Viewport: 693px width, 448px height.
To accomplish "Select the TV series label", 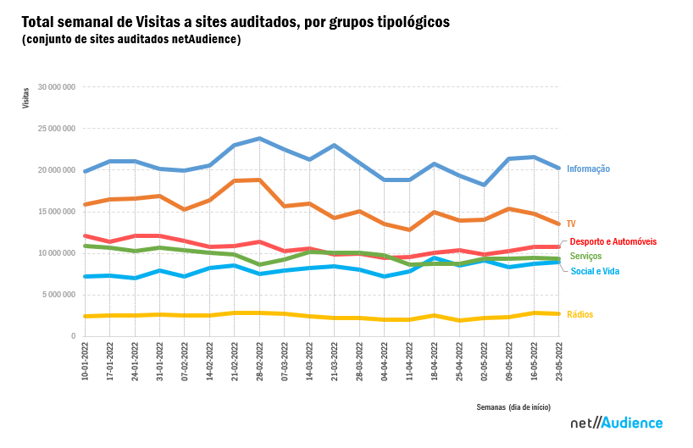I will (571, 224).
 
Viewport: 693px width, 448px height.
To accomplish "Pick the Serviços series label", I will (585, 256).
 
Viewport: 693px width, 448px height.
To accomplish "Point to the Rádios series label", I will (580, 315).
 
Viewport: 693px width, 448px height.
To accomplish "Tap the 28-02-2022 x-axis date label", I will (260, 364).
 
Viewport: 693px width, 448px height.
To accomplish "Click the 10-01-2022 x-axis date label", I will (86, 364).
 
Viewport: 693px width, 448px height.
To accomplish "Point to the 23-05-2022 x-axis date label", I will (559, 364).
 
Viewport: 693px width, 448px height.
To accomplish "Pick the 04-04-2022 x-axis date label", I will (385, 364).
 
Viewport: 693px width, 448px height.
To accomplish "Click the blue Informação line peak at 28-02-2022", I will (259, 138).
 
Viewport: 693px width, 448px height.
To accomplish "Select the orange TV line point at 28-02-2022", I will (259, 180).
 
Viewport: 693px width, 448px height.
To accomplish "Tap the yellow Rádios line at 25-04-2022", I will (459, 320).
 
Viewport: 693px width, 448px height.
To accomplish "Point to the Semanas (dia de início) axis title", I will (518, 407).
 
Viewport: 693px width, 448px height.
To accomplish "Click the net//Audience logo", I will (616, 423).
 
